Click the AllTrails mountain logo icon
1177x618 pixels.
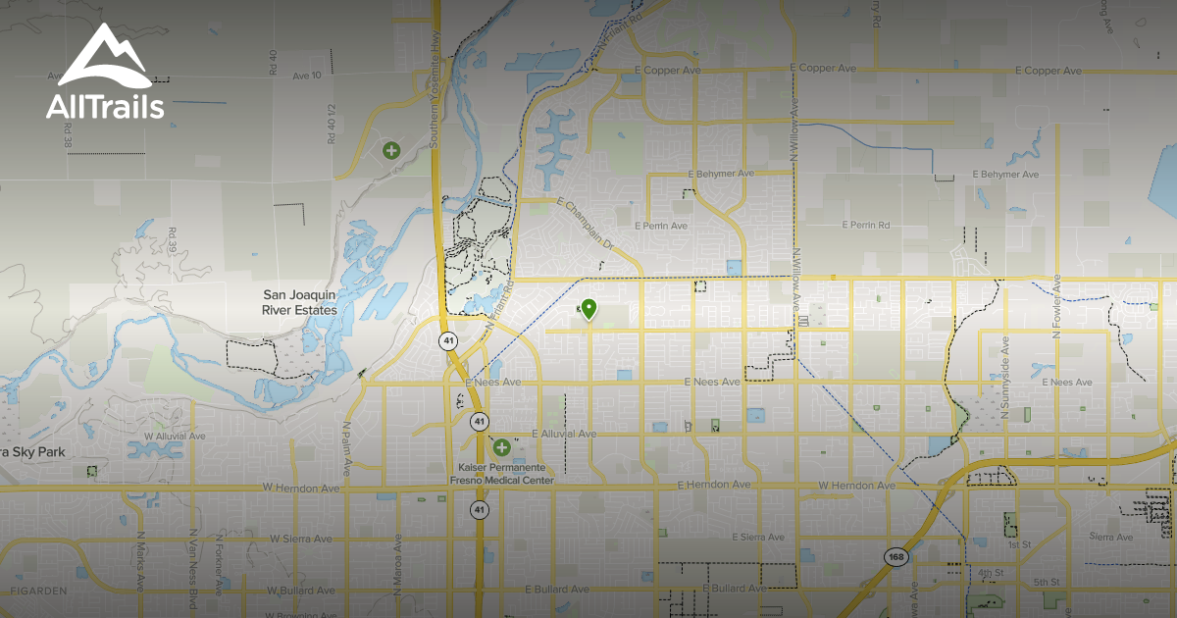click(104, 57)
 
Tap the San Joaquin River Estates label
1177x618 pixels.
click(299, 302)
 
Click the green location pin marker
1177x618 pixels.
click(588, 310)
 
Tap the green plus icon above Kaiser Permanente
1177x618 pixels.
click(502, 447)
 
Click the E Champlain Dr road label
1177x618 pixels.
click(584, 223)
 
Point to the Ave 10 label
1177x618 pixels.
click(307, 76)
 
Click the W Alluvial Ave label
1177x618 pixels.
click(175, 436)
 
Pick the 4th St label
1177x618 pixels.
click(987, 571)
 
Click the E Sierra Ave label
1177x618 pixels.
click(759, 538)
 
